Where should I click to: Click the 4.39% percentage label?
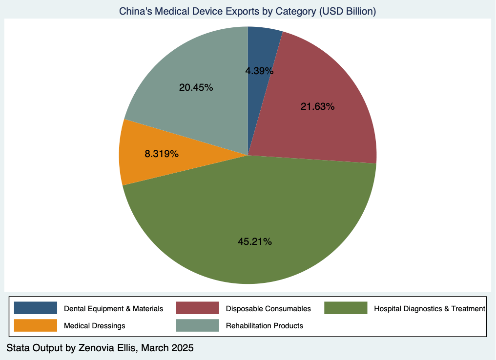coord(259,71)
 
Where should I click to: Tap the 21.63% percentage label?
coord(317,106)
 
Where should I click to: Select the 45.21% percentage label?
coord(255,241)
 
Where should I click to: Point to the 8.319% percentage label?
coord(162,154)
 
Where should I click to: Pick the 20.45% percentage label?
coord(196,88)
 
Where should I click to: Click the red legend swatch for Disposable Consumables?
coord(197,308)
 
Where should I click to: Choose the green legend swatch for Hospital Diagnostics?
coord(346,308)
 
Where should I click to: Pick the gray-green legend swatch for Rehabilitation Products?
coord(197,325)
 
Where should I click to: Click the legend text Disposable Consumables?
coord(268,309)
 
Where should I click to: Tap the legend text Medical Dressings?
coord(95,325)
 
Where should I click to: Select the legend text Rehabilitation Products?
coord(264,325)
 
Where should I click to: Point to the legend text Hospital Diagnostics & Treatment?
coord(429,309)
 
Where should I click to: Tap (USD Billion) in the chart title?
coord(347,11)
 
